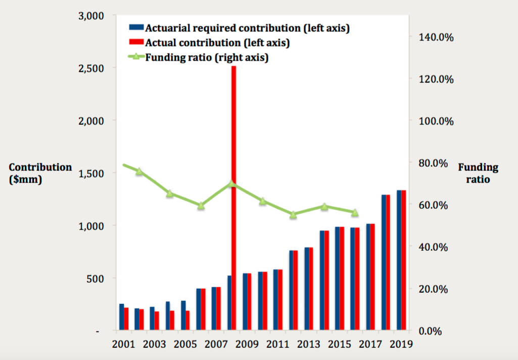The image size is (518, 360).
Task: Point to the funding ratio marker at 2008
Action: click(231, 184)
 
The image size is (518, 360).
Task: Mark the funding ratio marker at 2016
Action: click(355, 212)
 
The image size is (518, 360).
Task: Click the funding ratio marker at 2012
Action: click(293, 214)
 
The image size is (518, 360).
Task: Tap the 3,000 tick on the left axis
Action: click(91, 16)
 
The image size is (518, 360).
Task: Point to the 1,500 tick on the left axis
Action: click(91, 173)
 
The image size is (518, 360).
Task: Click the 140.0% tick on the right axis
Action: click(432, 37)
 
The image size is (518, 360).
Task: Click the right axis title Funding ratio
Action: click(478, 173)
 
